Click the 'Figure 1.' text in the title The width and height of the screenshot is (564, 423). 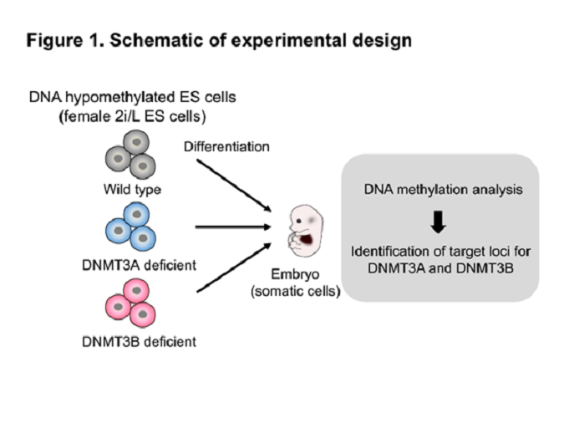(x=65, y=41)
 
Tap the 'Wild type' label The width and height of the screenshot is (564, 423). (x=132, y=190)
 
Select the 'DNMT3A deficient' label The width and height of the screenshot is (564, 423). (x=140, y=265)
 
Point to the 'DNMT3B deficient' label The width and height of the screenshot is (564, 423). (x=140, y=342)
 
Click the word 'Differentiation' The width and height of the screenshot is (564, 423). (x=226, y=146)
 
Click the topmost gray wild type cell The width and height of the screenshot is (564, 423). (x=136, y=142)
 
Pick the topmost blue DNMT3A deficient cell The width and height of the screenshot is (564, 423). (x=137, y=215)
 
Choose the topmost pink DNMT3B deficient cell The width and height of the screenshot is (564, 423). (x=136, y=291)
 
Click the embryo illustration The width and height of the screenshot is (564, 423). (x=306, y=231)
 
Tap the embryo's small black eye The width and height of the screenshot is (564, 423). (x=298, y=221)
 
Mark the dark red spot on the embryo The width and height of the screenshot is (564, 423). (x=307, y=239)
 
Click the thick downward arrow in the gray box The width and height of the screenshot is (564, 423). (x=438, y=222)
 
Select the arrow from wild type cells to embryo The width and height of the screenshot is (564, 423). (x=234, y=186)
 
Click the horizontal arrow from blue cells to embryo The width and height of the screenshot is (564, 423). (x=233, y=227)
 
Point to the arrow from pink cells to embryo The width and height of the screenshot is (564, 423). (x=234, y=268)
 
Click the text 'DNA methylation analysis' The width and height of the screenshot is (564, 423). (x=443, y=190)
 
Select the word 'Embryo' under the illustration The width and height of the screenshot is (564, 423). (x=295, y=274)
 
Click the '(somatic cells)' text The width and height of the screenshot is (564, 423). (x=295, y=291)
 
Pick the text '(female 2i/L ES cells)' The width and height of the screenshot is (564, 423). (x=132, y=116)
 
